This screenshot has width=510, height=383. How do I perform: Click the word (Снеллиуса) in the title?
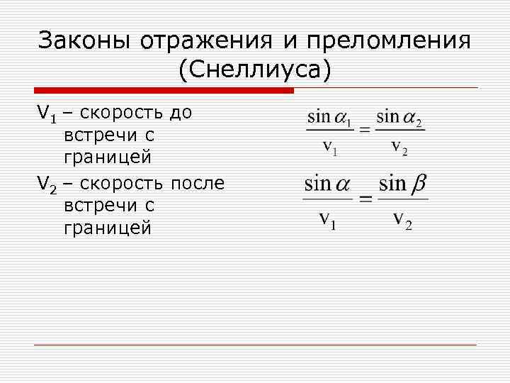[255, 70]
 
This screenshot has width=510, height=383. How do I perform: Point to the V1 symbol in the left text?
[46, 113]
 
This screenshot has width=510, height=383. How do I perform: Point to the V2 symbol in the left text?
[46, 185]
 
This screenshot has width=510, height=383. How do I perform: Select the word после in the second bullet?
[198, 184]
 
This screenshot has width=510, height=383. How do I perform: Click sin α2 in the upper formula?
[399, 117]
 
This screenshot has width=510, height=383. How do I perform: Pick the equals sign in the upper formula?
[364, 130]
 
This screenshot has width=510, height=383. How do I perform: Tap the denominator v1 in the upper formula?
[330, 148]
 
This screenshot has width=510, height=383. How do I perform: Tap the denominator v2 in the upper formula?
[399, 148]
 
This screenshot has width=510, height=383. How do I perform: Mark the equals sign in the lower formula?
[366, 199]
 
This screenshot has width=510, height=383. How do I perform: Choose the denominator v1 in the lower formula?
[327, 219]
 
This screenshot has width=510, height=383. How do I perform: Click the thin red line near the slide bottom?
[255, 345]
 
